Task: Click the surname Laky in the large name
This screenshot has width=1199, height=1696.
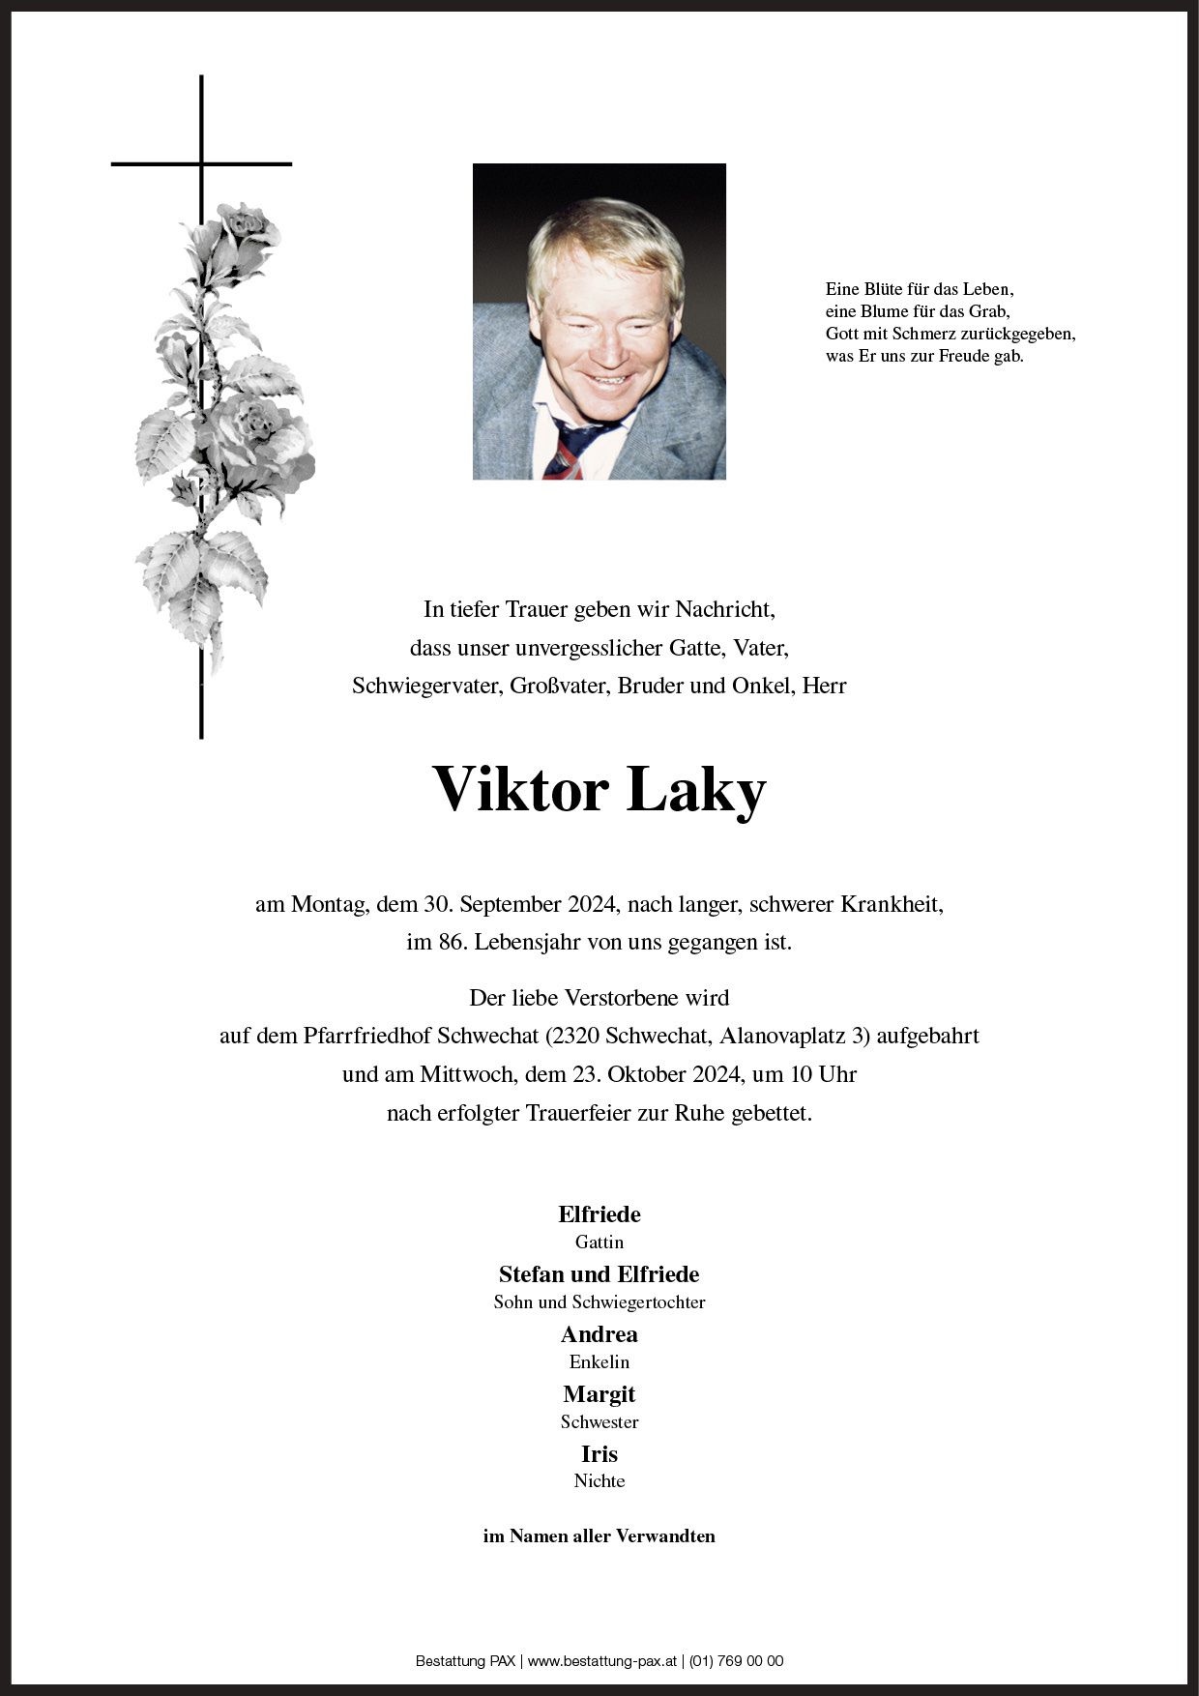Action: click(696, 790)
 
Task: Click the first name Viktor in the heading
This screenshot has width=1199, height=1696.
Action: click(519, 790)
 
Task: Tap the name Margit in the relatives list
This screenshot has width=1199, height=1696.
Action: click(599, 1394)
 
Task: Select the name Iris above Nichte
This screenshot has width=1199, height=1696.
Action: click(599, 1454)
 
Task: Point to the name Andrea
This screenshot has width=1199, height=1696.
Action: click(599, 1334)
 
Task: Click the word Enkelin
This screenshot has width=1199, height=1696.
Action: click(599, 1362)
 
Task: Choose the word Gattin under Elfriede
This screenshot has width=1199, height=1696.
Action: click(599, 1243)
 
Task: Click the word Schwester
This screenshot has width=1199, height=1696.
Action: click(599, 1422)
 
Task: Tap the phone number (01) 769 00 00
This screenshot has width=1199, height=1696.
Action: click(736, 1661)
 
